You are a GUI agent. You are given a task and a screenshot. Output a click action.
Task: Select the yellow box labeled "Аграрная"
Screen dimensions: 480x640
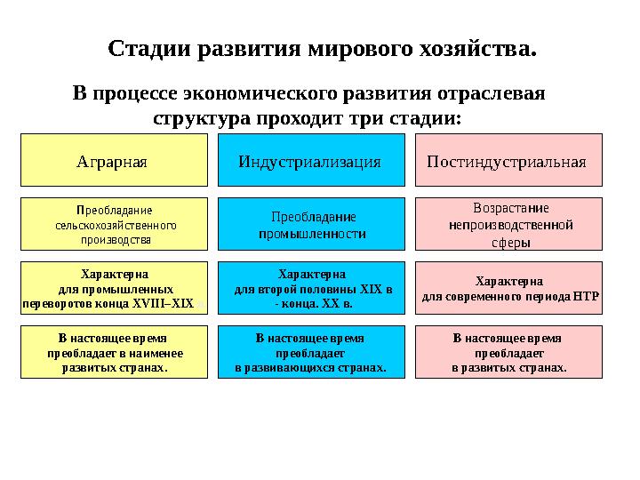point(113,162)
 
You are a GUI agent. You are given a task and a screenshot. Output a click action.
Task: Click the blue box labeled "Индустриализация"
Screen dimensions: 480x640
point(310,162)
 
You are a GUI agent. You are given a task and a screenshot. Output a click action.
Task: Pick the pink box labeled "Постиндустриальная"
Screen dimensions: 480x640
point(508,162)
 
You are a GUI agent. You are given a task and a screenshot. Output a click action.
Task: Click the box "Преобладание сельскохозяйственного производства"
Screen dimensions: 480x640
point(113,225)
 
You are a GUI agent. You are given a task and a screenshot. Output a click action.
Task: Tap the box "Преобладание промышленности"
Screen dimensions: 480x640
point(310,225)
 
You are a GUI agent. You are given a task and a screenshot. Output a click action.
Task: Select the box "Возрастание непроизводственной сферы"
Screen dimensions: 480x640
point(508,225)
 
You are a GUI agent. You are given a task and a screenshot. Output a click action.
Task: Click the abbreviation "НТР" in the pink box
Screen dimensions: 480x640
point(588,296)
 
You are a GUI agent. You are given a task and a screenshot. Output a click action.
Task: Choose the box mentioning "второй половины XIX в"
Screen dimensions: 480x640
point(310,289)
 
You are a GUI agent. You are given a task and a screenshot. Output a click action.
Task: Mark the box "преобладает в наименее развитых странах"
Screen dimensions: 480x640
point(113,352)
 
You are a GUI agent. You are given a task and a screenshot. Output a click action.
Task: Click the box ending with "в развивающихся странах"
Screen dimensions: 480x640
point(310,352)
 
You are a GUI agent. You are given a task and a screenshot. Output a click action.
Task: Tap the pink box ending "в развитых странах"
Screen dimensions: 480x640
point(508,352)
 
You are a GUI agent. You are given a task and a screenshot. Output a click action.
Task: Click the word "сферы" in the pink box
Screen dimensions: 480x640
point(509,241)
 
